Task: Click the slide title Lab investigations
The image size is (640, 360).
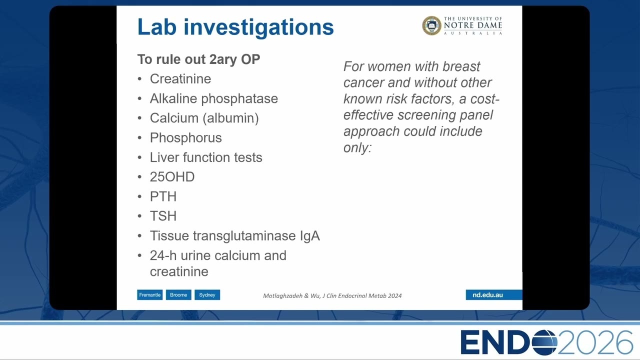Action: [x=235, y=27]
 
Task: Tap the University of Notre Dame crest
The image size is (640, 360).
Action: [x=431, y=25]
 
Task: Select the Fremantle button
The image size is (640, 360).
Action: [x=149, y=295]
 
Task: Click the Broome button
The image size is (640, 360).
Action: [x=178, y=295]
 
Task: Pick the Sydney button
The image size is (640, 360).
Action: [x=207, y=295]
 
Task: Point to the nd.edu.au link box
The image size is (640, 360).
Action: [x=493, y=295]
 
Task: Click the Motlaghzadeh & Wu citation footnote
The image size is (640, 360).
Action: [x=332, y=295]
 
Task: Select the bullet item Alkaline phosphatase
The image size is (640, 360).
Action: [x=213, y=98]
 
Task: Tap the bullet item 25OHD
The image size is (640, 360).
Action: [x=172, y=177]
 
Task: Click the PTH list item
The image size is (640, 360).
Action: [x=163, y=196]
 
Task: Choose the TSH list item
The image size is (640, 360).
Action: [x=163, y=216]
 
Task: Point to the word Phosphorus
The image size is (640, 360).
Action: [x=185, y=138]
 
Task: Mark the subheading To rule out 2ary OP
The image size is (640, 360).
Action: [x=198, y=59]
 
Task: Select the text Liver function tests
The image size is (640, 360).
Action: [x=206, y=157]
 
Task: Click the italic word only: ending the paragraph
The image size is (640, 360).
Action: [x=357, y=147]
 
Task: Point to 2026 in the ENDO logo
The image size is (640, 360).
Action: [x=595, y=342]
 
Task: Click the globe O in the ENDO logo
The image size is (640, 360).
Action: [x=544, y=342]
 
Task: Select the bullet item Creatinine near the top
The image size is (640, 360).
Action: [x=180, y=79]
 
